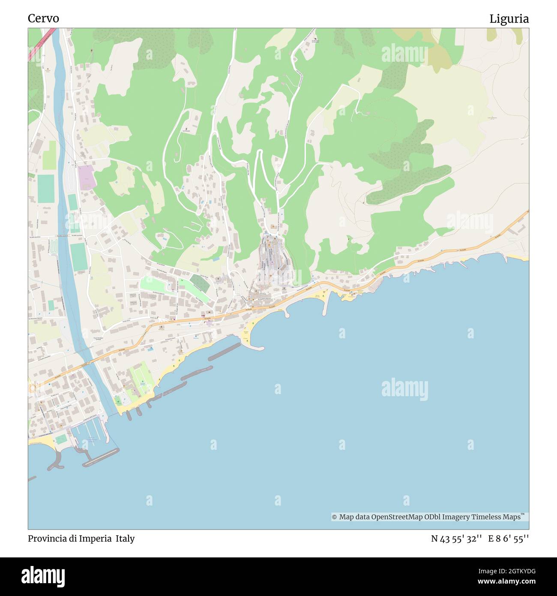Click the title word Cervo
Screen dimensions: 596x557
coord(43,18)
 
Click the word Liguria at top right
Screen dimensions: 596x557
coord(509,18)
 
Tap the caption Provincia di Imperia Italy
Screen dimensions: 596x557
coord(81,539)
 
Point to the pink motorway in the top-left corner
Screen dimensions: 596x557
coord(42,43)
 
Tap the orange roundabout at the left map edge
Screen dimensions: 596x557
coord(31,388)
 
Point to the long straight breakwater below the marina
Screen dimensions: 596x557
coord(101,458)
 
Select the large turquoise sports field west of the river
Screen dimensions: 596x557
coord(45,189)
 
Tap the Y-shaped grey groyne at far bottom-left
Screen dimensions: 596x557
coord(55,461)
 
